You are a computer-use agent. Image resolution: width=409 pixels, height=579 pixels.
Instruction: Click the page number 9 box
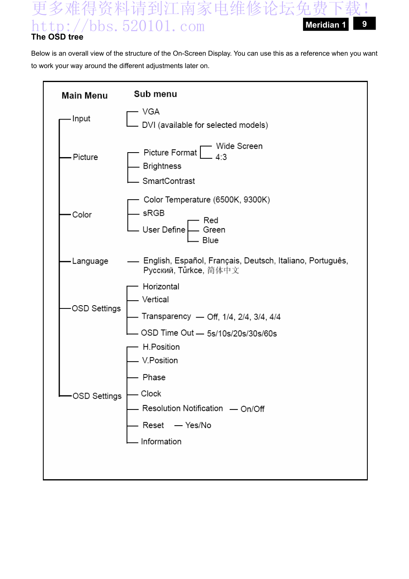pyautogui.click(x=364, y=24)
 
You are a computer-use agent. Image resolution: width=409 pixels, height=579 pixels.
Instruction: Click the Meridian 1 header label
pyautogui.click(x=325, y=25)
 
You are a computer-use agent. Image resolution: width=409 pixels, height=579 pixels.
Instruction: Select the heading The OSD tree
pyautogui.click(x=57, y=37)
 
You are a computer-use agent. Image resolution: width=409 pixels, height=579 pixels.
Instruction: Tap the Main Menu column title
pyautogui.click(x=85, y=96)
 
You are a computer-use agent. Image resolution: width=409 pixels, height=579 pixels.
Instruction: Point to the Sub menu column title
pyautogui.click(x=155, y=94)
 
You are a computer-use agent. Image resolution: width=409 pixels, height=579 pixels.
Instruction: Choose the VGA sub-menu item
pyautogui.click(x=151, y=112)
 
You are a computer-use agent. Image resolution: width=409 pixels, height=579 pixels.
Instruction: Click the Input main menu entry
pyautogui.click(x=81, y=119)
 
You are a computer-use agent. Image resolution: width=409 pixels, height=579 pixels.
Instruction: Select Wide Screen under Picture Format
pyautogui.click(x=239, y=146)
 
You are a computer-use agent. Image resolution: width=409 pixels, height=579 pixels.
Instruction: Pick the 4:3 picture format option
pyautogui.click(x=221, y=157)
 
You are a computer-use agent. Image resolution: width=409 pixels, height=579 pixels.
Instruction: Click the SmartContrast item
pyautogui.click(x=169, y=181)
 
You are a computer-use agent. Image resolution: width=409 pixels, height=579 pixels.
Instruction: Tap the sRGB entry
pyautogui.click(x=154, y=213)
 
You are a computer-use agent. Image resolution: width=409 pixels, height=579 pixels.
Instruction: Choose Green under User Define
pyautogui.click(x=214, y=230)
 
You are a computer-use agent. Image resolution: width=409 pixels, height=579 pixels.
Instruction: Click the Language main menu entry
pyautogui.click(x=90, y=261)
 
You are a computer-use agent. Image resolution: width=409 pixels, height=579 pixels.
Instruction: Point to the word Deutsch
pyautogui.click(x=259, y=261)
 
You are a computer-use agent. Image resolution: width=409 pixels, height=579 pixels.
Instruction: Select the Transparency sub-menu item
pyautogui.click(x=166, y=316)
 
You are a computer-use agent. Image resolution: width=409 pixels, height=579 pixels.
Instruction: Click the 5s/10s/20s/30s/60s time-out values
pyautogui.click(x=242, y=334)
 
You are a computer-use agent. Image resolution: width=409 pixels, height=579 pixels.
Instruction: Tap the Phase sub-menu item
pyautogui.click(x=154, y=377)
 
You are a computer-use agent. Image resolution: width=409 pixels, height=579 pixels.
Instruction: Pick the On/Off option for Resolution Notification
pyautogui.click(x=252, y=409)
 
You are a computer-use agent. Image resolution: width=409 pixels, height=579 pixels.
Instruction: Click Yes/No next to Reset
pyautogui.click(x=198, y=425)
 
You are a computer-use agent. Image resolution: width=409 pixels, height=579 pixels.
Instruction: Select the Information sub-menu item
pyautogui.click(x=161, y=442)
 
